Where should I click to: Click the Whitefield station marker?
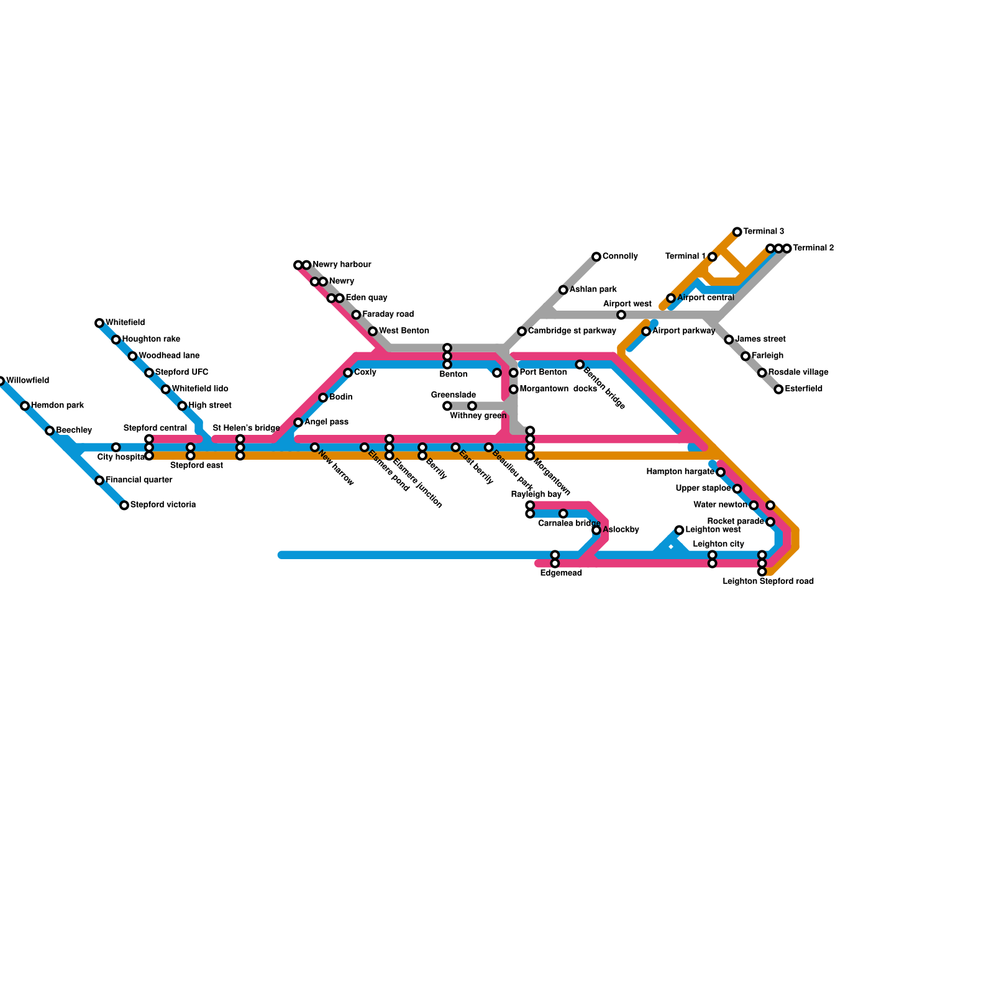[99, 323]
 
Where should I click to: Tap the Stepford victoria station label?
[163, 505]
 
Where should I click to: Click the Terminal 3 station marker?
[737, 232]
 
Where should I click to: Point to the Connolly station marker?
[596, 257]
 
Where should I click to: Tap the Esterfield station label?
[803, 389]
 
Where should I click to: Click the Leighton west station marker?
[679, 530]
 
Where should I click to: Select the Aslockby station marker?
[596, 530]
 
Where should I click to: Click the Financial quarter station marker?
[99, 480]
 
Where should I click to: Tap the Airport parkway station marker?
[646, 331]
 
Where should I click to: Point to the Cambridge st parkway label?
[572, 331]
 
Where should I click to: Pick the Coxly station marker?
[348, 373]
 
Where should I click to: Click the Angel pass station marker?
[298, 422]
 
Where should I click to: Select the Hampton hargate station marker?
[720, 472]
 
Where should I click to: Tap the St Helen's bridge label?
[246, 428]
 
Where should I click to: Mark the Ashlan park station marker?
[563, 290]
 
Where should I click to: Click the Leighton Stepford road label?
[768, 582]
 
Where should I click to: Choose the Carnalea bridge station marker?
[563, 514]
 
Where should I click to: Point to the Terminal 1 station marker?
[713, 257]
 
